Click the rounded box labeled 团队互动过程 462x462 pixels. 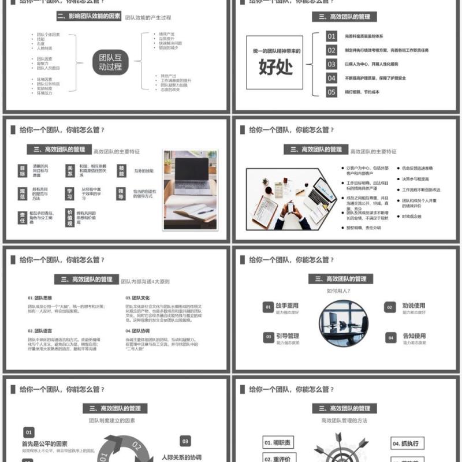pos(110,62)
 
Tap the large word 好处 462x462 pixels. pos(275,68)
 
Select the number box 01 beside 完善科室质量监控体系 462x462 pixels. pos(331,36)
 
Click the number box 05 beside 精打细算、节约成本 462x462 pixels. pos(331,92)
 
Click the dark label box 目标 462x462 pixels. pos(23,170)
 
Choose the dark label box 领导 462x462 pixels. pos(121,193)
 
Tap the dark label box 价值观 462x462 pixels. pos(70,217)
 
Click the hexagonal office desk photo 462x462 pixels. pos(290,198)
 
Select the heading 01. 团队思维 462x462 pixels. pos(40,298)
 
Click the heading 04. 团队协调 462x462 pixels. pos(137,331)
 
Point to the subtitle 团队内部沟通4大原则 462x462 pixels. pos(145,281)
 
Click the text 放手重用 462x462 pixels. pos(287,305)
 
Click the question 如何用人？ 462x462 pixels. pos(338,291)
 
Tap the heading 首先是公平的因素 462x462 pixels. pos(49,444)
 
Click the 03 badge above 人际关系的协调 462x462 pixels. pos(185,441)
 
